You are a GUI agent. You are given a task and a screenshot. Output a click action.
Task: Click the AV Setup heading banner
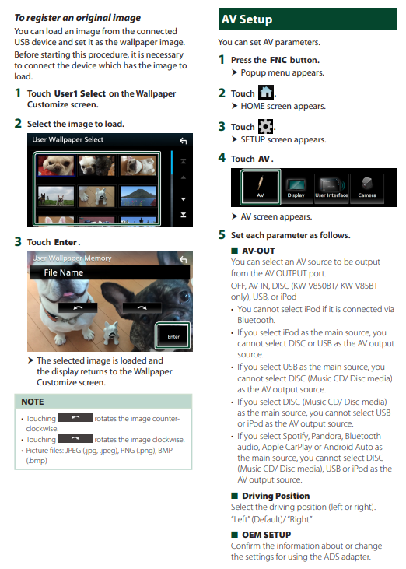307,19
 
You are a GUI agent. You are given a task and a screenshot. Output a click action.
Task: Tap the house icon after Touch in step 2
266,92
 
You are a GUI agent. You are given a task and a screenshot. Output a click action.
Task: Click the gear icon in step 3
266,126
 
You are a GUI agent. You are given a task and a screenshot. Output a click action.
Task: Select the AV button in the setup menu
261,187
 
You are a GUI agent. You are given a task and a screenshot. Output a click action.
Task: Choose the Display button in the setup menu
296,188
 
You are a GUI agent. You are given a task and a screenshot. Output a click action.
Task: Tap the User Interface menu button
331,188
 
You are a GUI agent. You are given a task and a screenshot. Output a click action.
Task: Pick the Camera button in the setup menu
367,188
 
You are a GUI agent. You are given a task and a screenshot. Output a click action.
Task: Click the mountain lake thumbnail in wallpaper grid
138,196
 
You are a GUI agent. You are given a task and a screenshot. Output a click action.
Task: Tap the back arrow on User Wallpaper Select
184,141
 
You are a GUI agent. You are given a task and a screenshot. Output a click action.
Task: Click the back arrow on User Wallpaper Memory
184,259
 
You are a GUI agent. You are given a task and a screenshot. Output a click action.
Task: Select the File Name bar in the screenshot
110,272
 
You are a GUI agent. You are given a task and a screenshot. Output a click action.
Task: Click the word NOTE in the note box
33,402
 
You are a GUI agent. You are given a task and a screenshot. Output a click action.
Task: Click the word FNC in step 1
278,60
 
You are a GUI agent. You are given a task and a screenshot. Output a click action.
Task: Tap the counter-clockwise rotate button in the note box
75,417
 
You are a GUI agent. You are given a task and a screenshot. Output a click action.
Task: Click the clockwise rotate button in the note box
75,438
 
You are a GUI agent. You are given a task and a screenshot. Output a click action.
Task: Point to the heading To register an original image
78,18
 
